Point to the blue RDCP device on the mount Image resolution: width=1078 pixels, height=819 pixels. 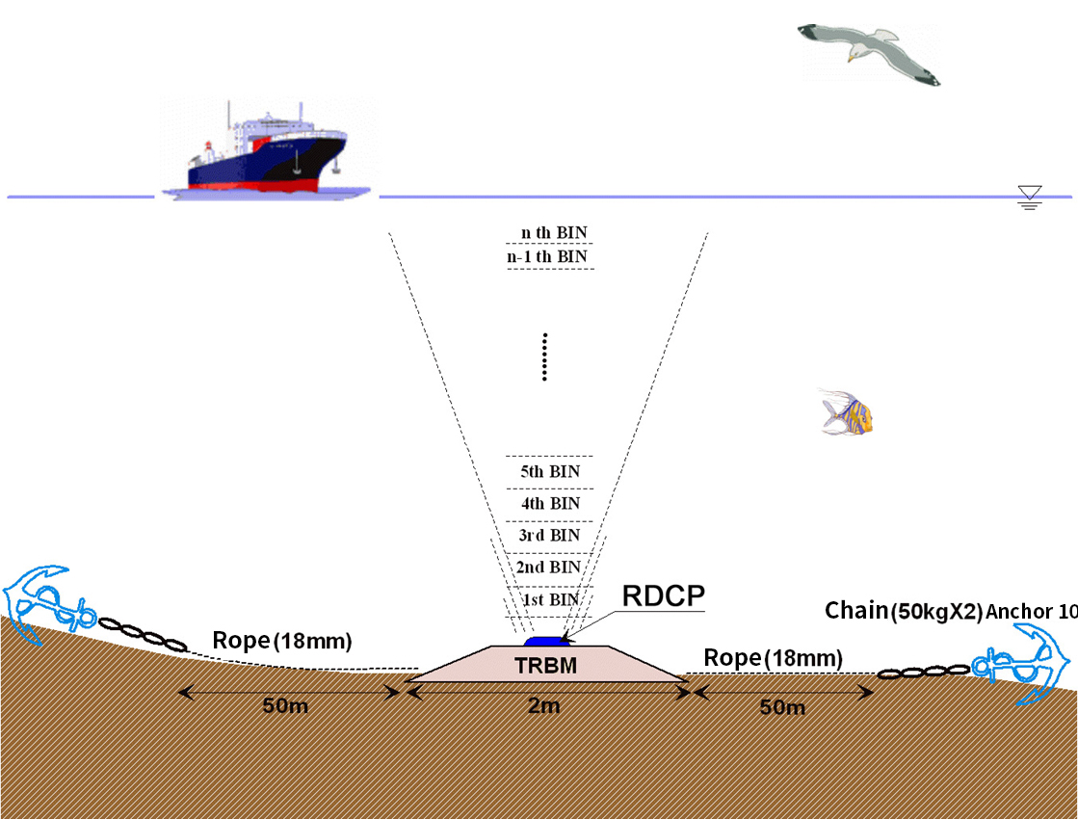(546, 640)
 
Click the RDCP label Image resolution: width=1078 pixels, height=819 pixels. (663, 594)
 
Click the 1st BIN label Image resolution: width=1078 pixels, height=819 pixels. (550, 600)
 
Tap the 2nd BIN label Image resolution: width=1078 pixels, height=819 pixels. (548, 568)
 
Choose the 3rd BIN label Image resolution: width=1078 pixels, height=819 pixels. (548, 536)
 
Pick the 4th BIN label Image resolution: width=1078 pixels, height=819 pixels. (549, 504)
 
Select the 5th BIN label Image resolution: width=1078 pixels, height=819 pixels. (549, 472)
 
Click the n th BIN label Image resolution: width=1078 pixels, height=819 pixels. (553, 233)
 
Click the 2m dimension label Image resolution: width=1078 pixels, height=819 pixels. (544, 706)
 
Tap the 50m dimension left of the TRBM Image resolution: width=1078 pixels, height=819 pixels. (285, 706)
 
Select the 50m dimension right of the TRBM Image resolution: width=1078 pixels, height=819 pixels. (782, 708)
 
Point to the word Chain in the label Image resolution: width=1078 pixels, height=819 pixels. (856, 610)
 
